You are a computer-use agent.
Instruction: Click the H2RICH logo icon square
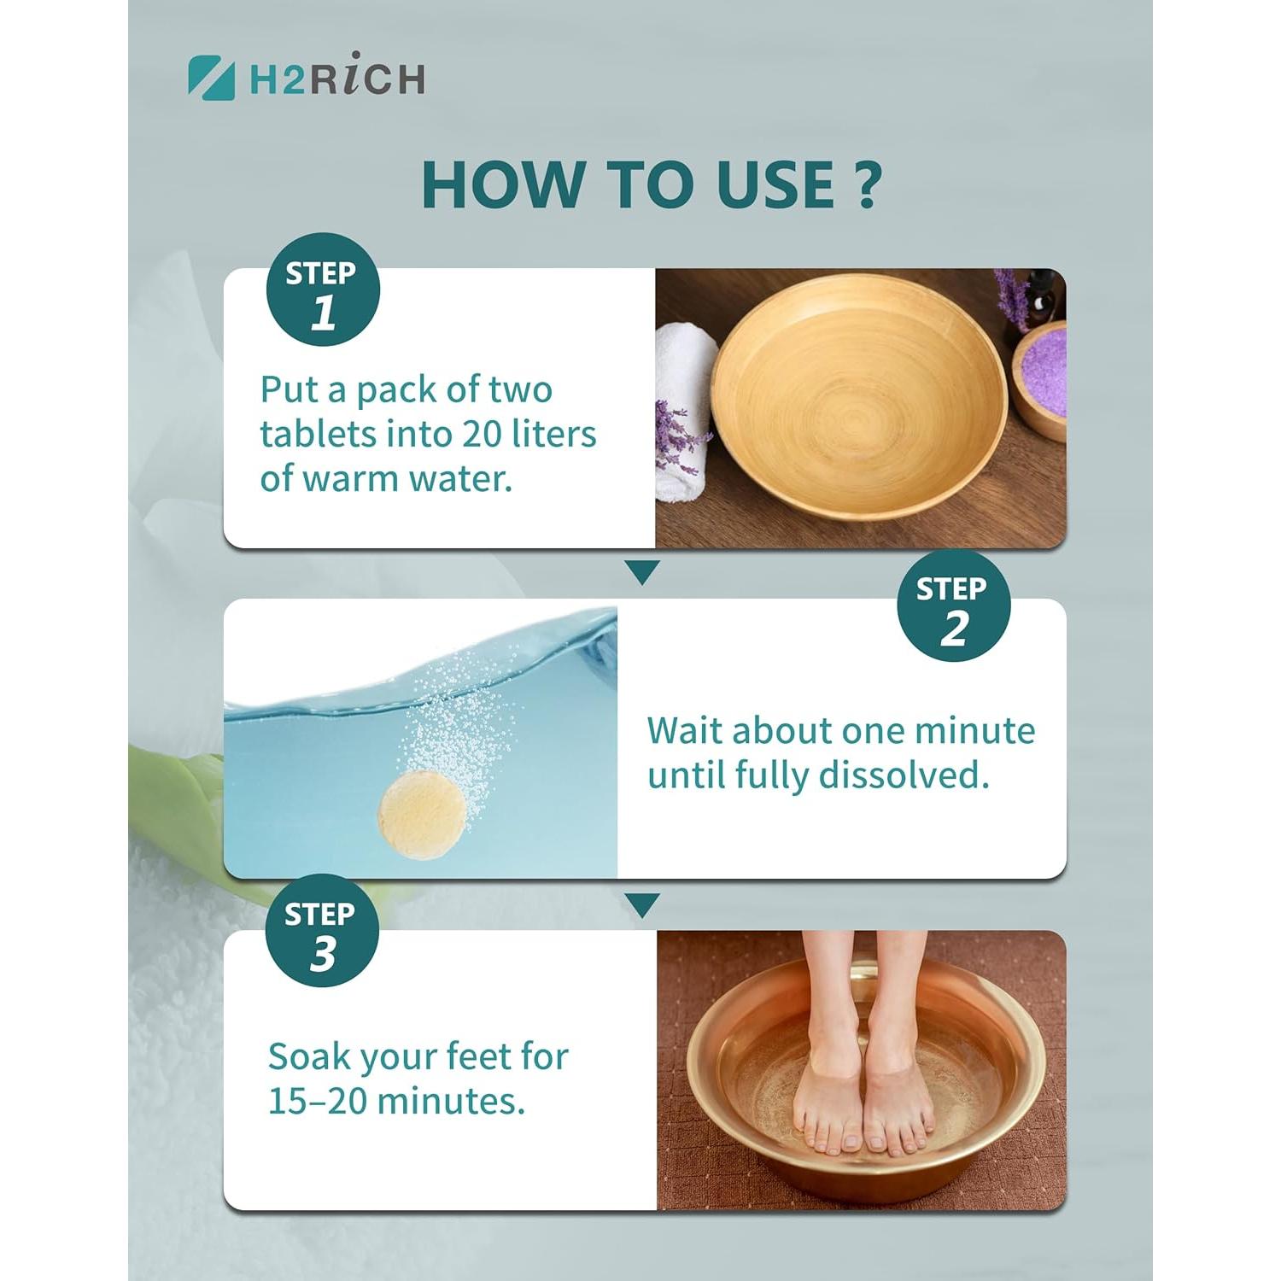[211, 78]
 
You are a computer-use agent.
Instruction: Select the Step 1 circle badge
[323, 290]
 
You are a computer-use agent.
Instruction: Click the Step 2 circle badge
[953, 606]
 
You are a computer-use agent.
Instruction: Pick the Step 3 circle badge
[322, 931]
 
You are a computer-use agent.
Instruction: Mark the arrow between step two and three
[642, 904]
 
